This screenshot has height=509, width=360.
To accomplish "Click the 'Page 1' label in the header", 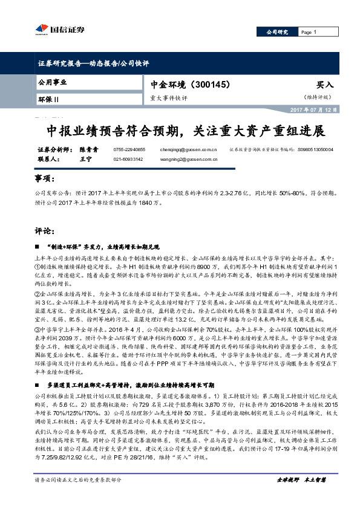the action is [x=307, y=32].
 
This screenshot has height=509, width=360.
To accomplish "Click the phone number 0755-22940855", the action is [x=129, y=149].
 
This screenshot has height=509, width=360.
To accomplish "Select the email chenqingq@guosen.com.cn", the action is [x=192, y=149].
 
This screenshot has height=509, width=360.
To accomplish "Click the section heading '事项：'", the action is [x=46, y=180].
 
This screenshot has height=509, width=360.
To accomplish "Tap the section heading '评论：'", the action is [x=46, y=231].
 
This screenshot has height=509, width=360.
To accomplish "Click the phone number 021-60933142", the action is [x=128, y=159].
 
